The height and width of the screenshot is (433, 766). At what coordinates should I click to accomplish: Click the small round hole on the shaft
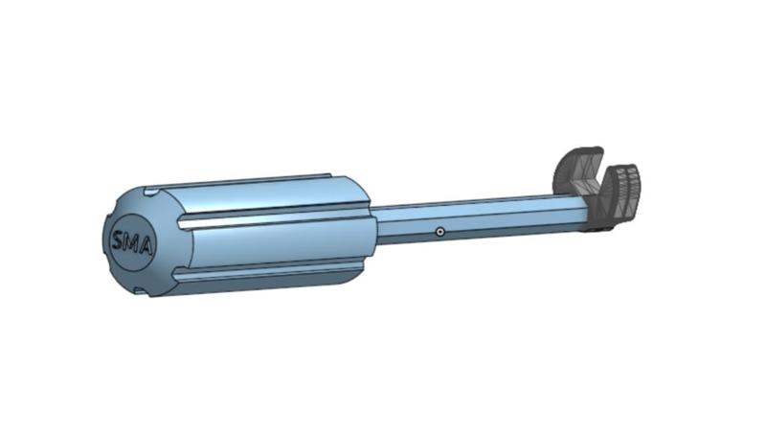click(x=439, y=232)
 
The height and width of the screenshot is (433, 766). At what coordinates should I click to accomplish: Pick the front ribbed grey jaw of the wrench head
click(x=623, y=189)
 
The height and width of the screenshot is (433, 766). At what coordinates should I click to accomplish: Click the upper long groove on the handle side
click(x=278, y=217)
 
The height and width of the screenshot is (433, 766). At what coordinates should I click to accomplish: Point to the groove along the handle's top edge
click(x=249, y=180)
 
